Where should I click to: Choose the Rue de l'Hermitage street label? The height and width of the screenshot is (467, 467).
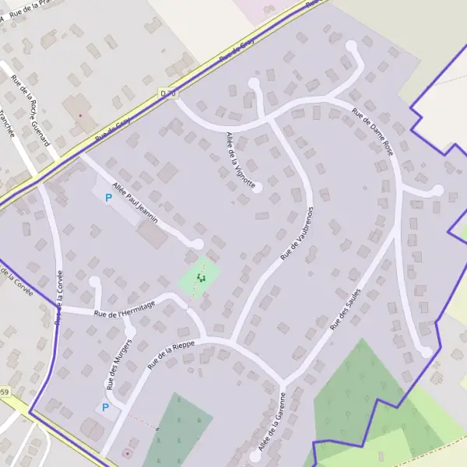125,309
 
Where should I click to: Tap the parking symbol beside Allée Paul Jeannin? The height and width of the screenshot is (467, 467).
108,198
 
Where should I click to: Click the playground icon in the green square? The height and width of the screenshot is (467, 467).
200,276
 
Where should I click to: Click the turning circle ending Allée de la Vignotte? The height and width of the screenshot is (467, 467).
258,188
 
